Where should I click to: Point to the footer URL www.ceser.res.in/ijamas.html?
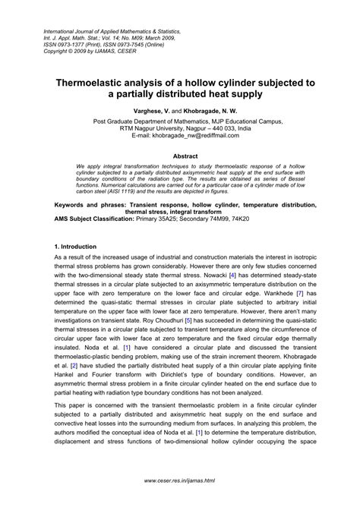coord(179,502)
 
